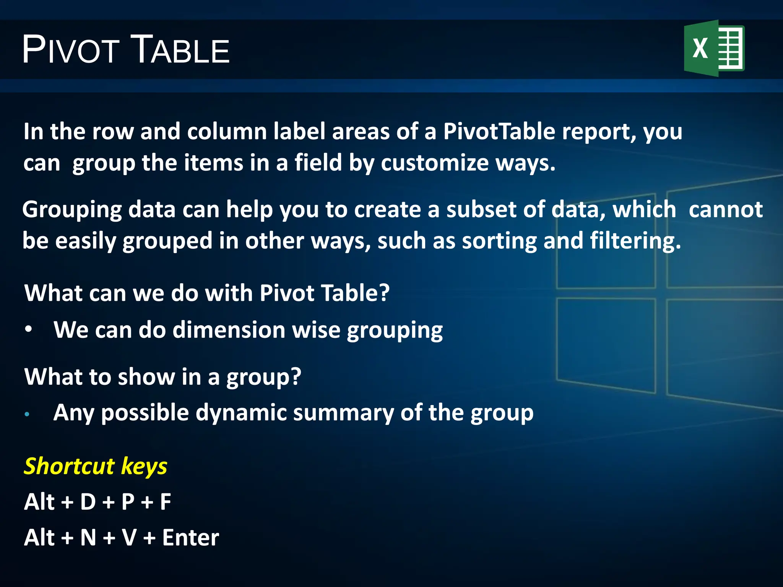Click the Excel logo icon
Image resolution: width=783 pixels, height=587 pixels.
pos(714,49)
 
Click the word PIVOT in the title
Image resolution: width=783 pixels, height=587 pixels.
pos(71,50)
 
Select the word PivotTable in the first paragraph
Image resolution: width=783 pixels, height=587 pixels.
pos(499,132)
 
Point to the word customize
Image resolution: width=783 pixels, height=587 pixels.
pos(435,163)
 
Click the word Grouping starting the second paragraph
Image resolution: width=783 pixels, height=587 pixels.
pos(72,210)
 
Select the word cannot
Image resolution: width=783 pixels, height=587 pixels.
pos(725,210)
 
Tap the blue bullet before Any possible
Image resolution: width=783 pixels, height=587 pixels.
pos(27,414)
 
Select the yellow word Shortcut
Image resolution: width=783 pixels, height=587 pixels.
pos(69,466)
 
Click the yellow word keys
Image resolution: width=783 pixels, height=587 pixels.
pos(144,467)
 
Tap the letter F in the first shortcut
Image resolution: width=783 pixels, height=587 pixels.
pos(165,502)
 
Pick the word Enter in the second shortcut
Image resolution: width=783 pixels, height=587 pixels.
pos(190,538)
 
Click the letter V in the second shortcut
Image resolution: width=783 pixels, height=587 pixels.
pos(129,538)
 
